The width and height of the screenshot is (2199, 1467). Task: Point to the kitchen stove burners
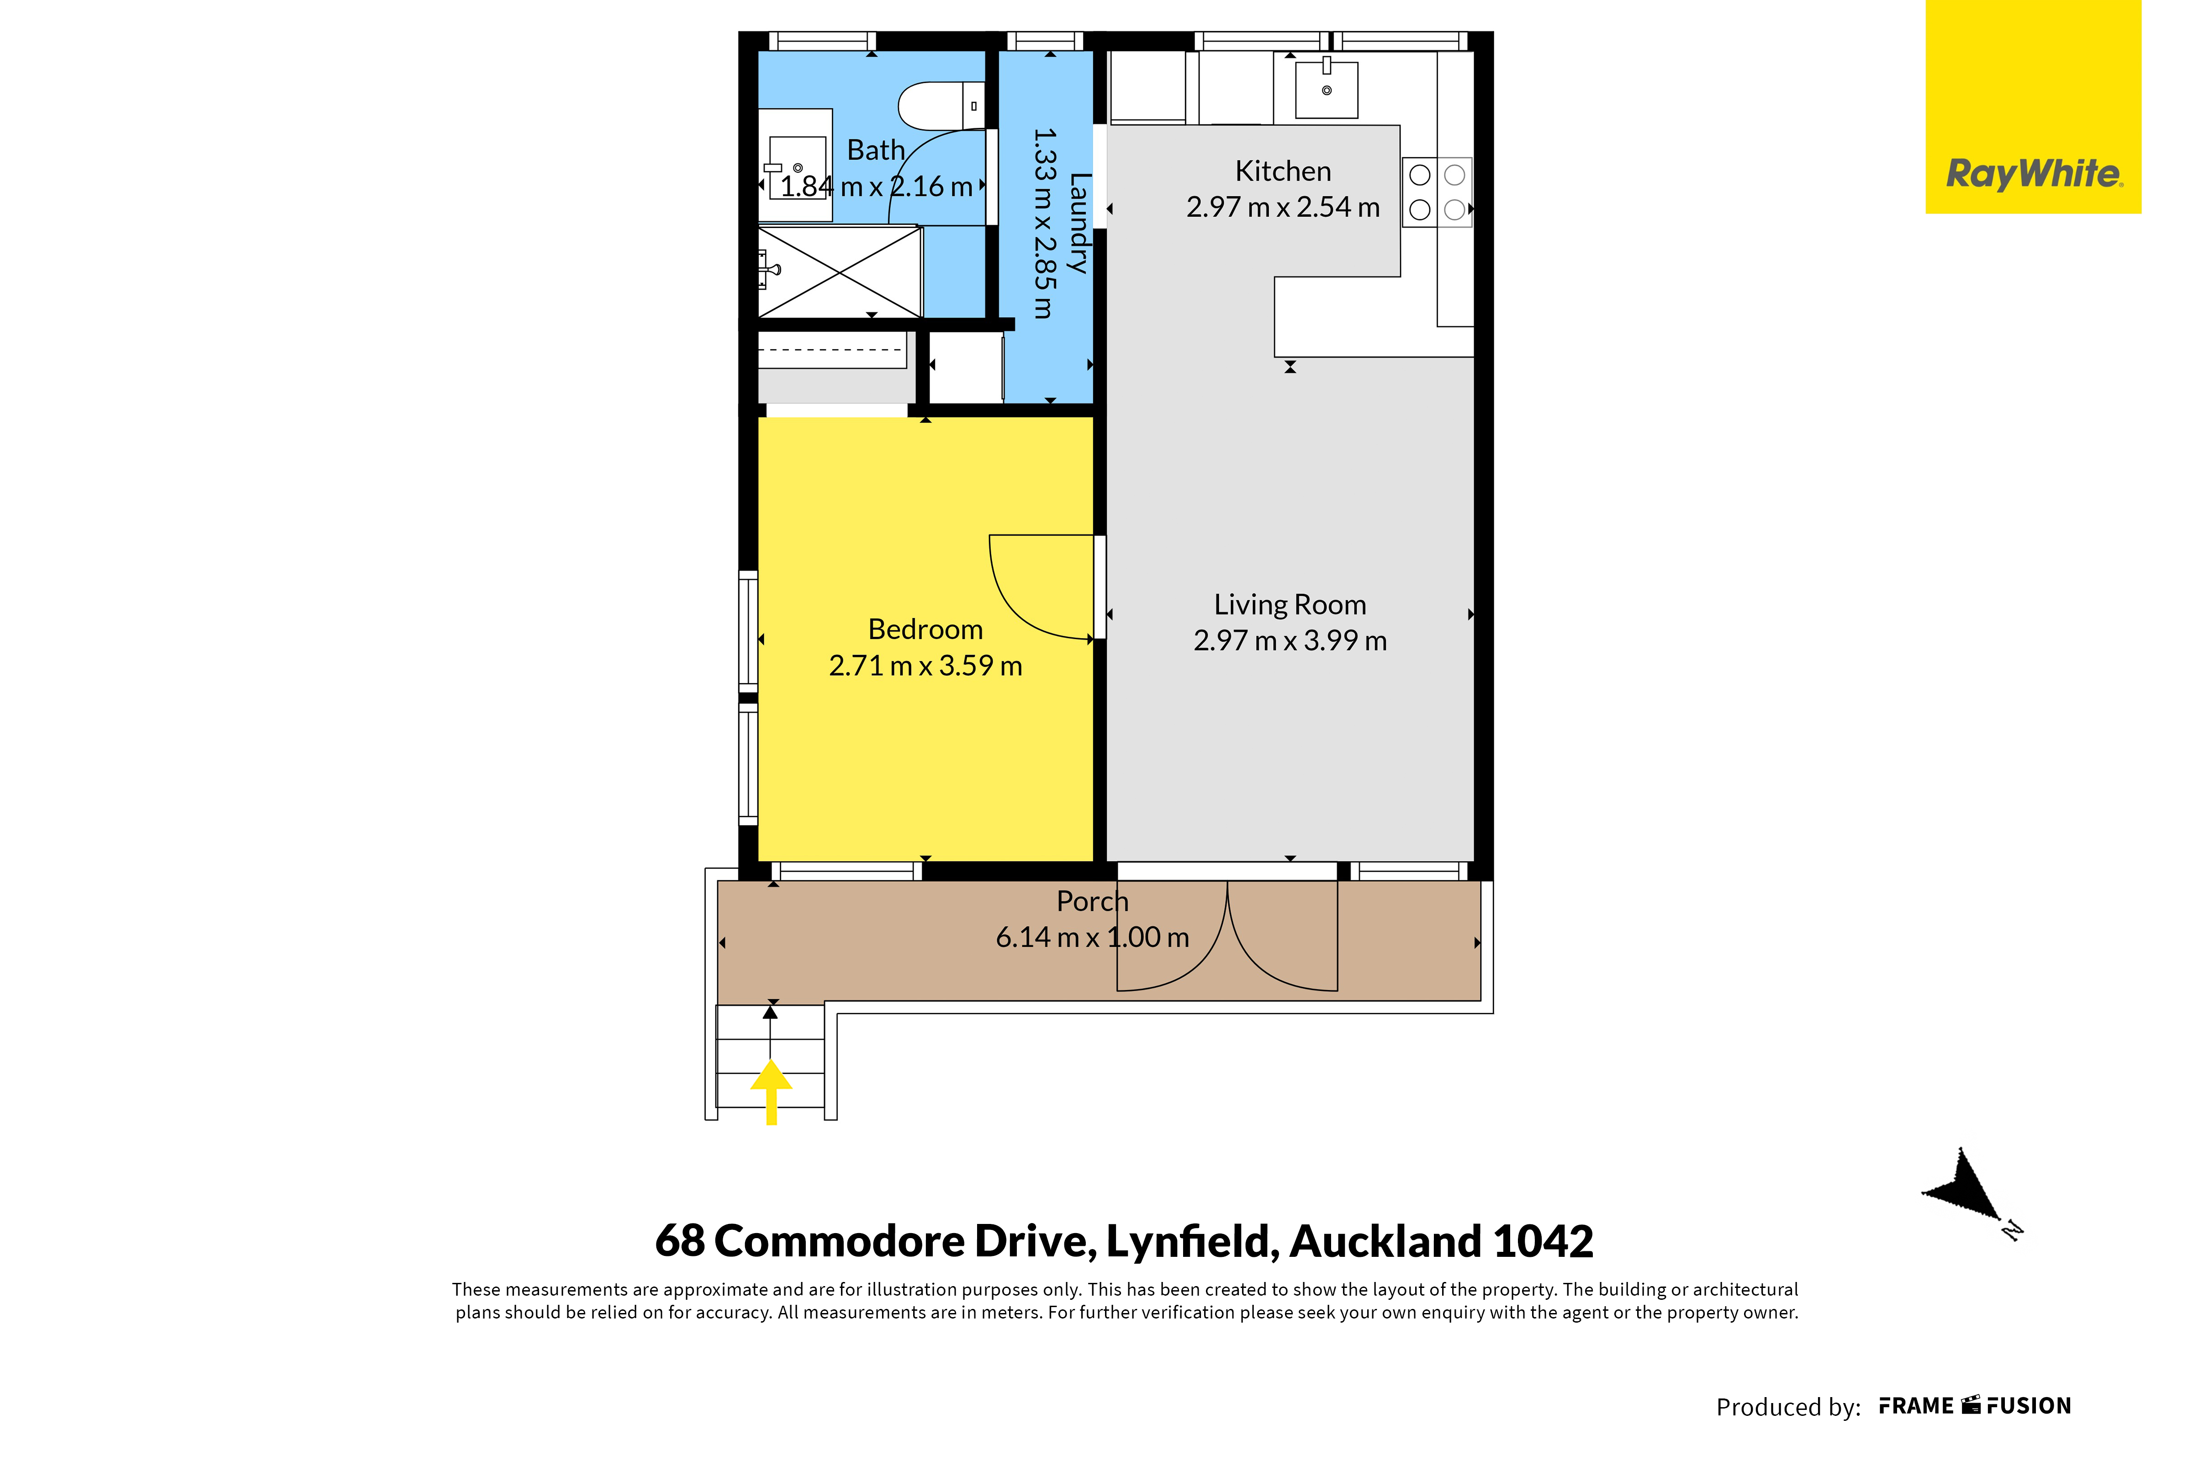(1437, 192)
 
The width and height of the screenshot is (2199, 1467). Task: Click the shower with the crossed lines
(840, 271)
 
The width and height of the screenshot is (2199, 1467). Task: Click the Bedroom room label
(925, 629)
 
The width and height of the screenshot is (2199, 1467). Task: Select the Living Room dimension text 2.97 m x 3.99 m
(1290, 641)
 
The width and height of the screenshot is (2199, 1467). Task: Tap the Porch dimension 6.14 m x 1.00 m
(1093, 937)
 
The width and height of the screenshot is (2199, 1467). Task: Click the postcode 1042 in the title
(1544, 1241)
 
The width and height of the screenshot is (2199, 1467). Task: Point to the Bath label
(876, 150)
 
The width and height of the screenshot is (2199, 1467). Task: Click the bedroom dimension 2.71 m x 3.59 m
(925, 665)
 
